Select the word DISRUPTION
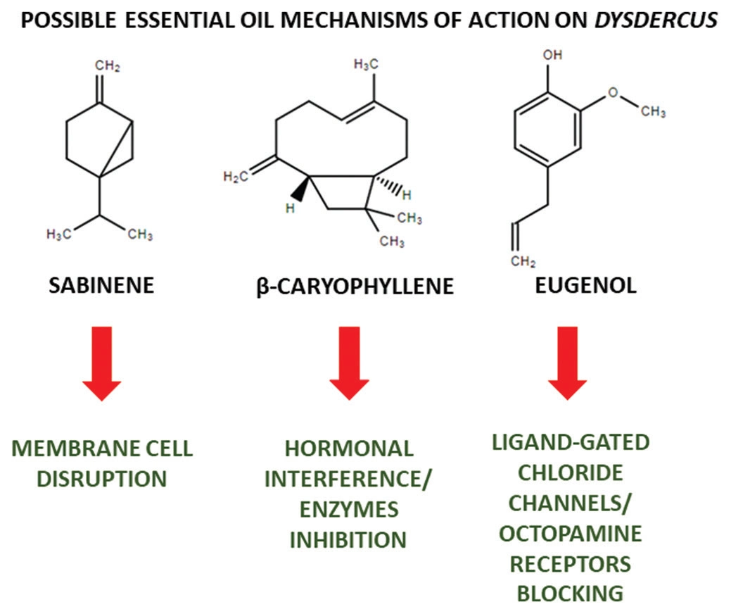coord(101,480)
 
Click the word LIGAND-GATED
coord(571,443)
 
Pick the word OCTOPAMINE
coord(571,533)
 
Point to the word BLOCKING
coord(571,593)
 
